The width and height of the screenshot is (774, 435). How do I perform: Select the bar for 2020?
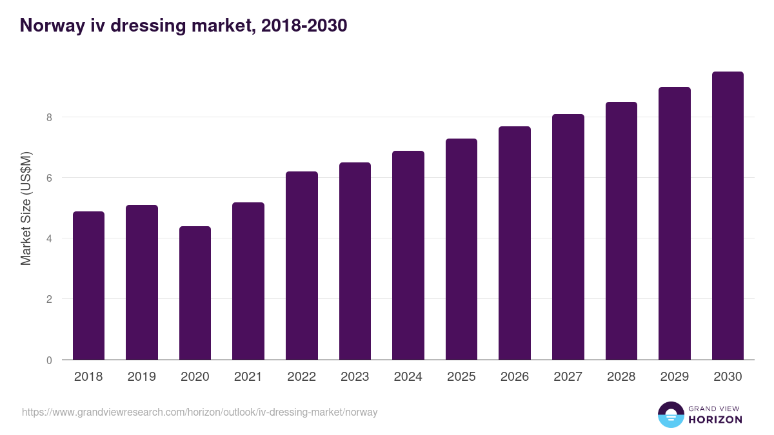(x=195, y=293)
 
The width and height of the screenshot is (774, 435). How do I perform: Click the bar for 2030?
(x=728, y=216)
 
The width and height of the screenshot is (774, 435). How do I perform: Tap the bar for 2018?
(x=88, y=285)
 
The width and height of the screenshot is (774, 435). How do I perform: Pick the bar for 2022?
(x=302, y=266)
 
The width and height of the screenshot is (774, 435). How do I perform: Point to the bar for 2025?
(x=461, y=249)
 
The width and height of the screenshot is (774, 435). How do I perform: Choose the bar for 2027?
(x=568, y=237)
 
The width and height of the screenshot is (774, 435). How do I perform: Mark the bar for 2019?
(x=142, y=282)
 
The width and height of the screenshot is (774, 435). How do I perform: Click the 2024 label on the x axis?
(x=408, y=377)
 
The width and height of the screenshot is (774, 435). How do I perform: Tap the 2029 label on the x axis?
(x=674, y=377)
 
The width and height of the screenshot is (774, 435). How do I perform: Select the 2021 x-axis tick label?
(x=248, y=377)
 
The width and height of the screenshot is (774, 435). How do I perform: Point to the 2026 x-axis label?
(x=514, y=377)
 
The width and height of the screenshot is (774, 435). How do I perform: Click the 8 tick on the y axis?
(x=48, y=117)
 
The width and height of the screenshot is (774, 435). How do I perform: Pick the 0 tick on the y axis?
(x=48, y=360)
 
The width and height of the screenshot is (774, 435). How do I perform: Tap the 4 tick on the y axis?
(x=48, y=238)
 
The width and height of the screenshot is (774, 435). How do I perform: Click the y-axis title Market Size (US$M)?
(x=26, y=208)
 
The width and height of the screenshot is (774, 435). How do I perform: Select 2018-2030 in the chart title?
(x=304, y=26)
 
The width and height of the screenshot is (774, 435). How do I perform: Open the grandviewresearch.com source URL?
(x=200, y=412)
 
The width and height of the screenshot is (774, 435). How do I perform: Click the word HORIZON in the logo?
(x=715, y=420)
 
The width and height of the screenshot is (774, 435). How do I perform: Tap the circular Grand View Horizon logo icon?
(x=671, y=414)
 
